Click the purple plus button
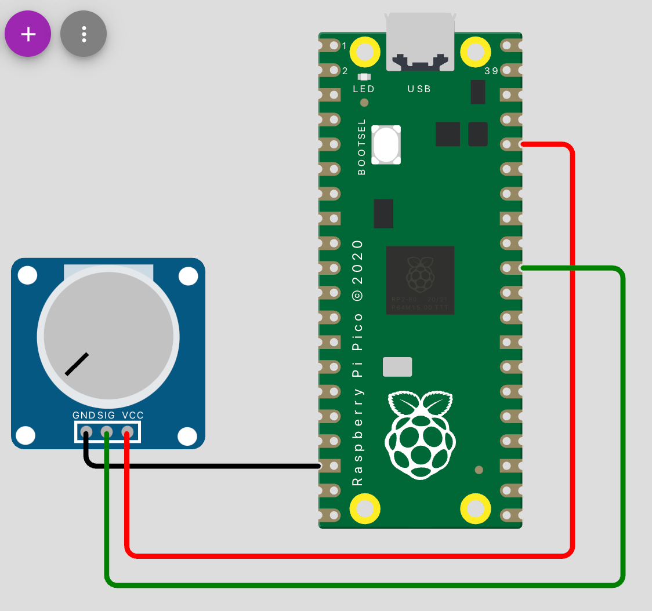(x=28, y=34)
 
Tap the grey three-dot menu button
(x=84, y=34)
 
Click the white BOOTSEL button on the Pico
(x=386, y=144)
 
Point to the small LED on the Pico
(x=364, y=77)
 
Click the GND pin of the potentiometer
(x=86, y=432)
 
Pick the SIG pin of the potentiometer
(x=107, y=432)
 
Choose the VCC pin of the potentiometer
(x=127, y=432)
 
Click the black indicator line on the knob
(x=77, y=364)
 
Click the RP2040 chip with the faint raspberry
(x=420, y=280)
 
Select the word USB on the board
(x=419, y=89)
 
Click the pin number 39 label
(x=491, y=71)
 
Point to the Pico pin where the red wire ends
(x=508, y=144)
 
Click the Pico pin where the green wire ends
(x=508, y=268)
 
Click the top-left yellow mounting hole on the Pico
(x=365, y=52)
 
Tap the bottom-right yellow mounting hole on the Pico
(x=475, y=508)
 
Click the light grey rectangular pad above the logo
(x=397, y=367)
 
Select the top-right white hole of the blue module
(x=188, y=276)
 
